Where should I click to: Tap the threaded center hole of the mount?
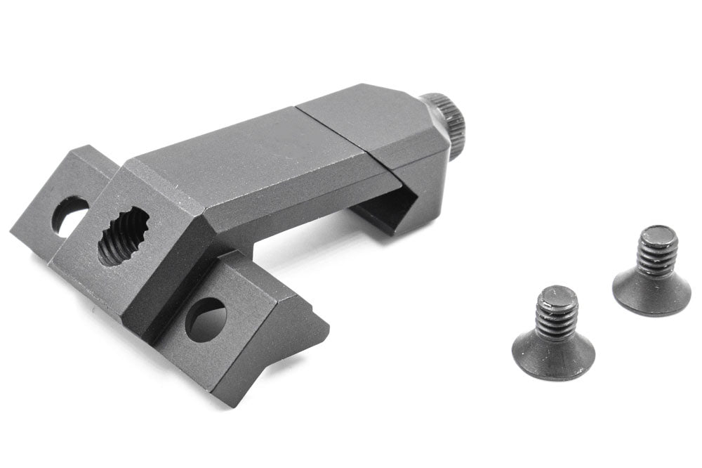[x=124, y=236]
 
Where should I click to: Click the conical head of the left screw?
[x=553, y=355]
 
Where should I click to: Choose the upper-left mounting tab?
[x=60, y=204]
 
